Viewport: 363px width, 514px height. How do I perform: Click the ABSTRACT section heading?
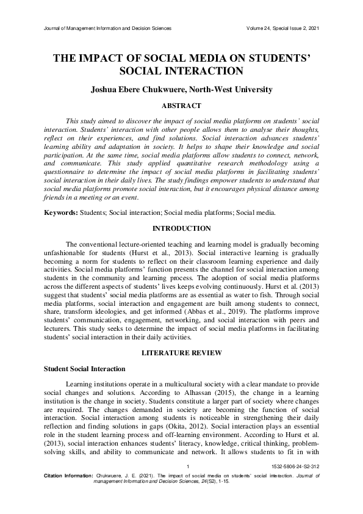[181, 106]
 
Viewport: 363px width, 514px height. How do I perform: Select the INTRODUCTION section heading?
[181, 228]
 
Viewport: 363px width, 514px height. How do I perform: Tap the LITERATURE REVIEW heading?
[181, 353]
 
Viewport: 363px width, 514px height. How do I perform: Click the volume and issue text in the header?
[281, 29]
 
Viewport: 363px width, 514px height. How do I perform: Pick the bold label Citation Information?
[68, 491]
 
